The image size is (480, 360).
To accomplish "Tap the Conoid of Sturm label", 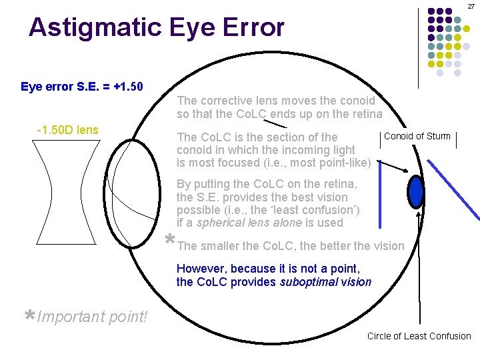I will [x=417, y=137].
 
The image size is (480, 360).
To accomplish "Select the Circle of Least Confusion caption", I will [x=419, y=336].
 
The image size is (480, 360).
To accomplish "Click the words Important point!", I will [x=93, y=316].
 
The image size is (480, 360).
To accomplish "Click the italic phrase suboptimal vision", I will [x=325, y=282].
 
